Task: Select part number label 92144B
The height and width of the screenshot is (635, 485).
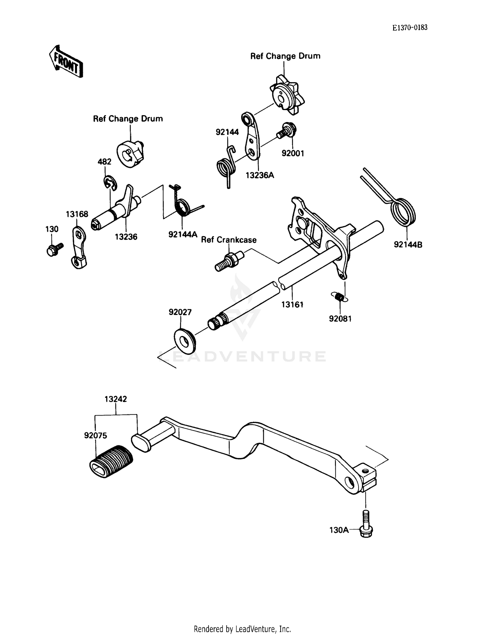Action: point(408,245)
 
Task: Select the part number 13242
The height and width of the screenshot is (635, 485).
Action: point(115,399)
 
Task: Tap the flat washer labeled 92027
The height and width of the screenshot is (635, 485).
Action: point(185,340)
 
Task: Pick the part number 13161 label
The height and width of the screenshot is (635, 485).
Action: point(292,304)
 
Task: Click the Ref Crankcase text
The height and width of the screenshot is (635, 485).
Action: point(229,240)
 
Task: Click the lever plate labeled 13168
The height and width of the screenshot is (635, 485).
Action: point(79,248)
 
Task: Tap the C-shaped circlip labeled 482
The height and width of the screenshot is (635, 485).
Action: point(110,183)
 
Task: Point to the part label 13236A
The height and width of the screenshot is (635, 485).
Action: point(260,175)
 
